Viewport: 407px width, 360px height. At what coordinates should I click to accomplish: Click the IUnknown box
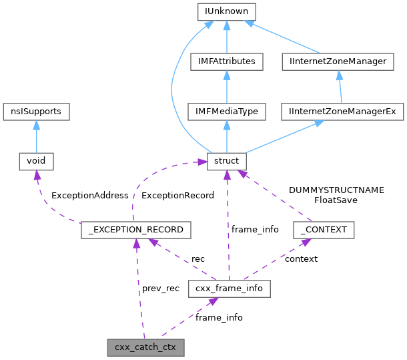(x=228, y=11)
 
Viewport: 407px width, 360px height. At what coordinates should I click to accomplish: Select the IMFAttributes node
(x=228, y=62)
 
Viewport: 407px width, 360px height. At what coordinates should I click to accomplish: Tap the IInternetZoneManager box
(x=343, y=62)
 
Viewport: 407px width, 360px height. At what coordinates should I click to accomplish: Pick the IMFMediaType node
(x=228, y=112)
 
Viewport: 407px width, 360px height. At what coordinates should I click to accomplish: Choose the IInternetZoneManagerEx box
(x=343, y=112)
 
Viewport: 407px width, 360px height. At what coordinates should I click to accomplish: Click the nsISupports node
(x=36, y=112)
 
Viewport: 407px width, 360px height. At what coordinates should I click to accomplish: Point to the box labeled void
(x=36, y=161)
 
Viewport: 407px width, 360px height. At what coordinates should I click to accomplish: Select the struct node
(x=228, y=161)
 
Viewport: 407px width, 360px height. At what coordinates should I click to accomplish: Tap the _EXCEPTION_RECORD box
(x=136, y=230)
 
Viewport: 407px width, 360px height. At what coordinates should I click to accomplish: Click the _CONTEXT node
(x=324, y=230)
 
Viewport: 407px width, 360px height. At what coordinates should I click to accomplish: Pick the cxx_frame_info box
(x=229, y=289)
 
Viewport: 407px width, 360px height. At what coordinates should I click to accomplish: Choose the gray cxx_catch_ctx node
(x=145, y=347)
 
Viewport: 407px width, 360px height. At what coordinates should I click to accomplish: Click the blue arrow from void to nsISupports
(x=36, y=136)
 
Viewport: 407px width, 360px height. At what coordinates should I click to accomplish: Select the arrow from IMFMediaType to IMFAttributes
(x=228, y=87)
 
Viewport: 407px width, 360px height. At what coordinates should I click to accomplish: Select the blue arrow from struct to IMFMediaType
(x=228, y=136)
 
